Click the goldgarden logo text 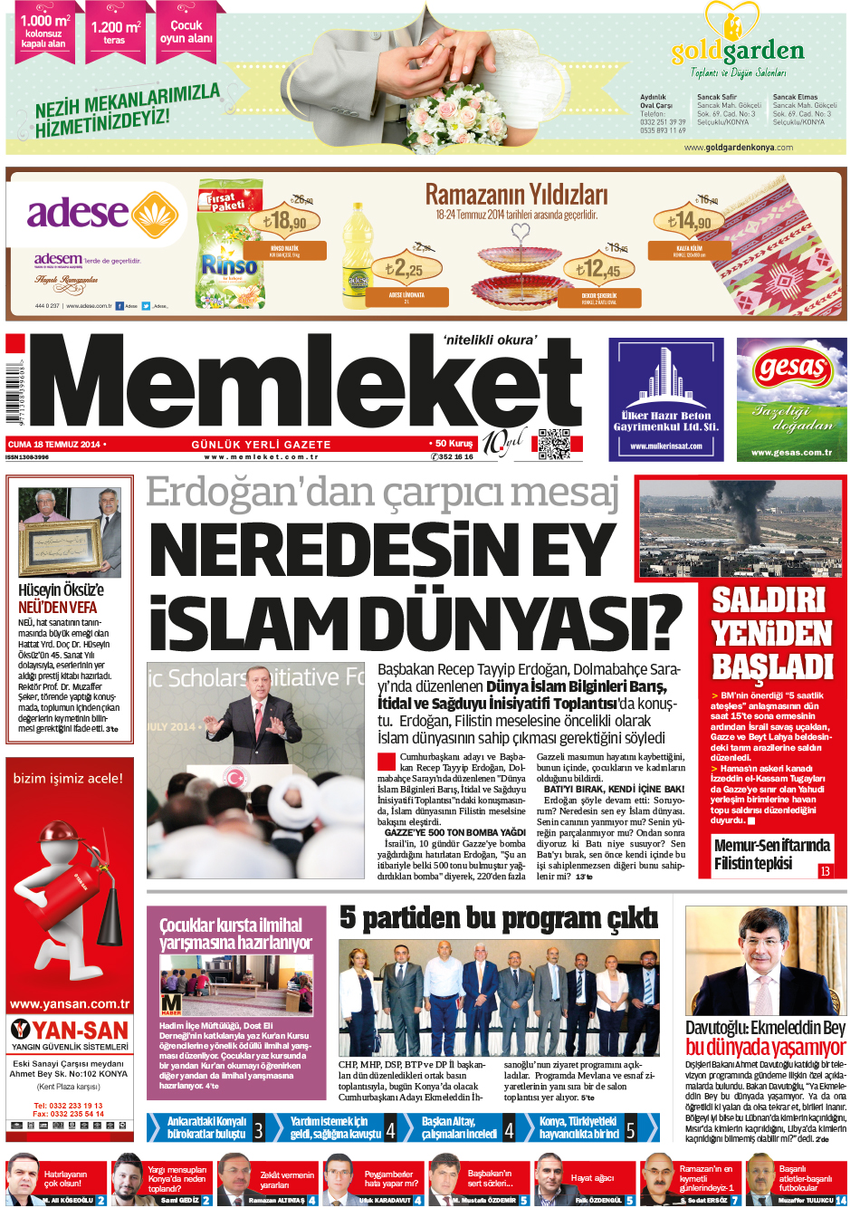click(738, 51)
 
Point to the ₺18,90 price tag click(284, 220)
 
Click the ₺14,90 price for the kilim click(689, 220)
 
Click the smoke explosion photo click(741, 527)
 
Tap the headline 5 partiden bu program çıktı click(499, 918)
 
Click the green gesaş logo click(792, 369)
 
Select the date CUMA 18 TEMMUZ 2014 click(54, 445)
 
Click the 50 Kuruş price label click(452, 444)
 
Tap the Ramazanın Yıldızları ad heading click(516, 195)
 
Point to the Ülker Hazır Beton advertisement click(665, 399)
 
